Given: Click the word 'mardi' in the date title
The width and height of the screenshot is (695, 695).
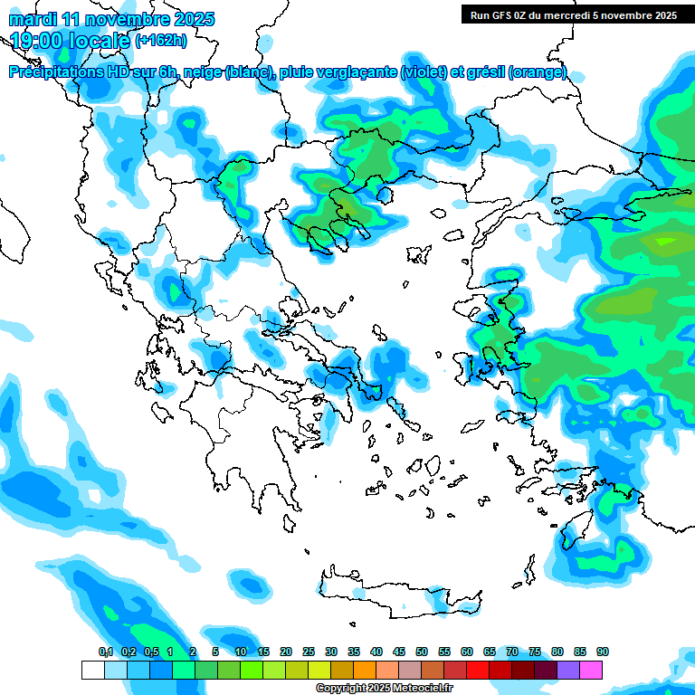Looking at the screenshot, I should [34, 18].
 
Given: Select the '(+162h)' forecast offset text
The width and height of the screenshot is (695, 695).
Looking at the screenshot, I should [161, 40].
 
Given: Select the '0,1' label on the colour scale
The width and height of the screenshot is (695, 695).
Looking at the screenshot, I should [105, 652].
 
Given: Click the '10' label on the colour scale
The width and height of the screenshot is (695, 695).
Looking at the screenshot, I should [241, 652].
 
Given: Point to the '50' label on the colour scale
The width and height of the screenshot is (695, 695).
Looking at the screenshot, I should [422, 652].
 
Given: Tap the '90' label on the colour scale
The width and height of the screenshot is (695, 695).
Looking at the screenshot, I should [603, 652].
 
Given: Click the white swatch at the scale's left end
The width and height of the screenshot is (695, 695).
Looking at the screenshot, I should [92, 670].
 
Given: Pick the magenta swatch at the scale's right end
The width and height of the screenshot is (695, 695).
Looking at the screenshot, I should [591, 670].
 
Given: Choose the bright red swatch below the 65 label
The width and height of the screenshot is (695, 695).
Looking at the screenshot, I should [478, 670].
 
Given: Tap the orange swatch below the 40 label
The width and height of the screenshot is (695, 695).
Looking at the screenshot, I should [365, 670].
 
